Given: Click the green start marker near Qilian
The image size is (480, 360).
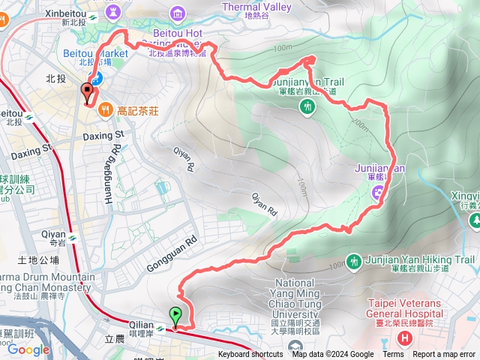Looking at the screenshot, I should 176,316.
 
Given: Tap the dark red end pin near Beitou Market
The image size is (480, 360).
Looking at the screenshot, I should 87,94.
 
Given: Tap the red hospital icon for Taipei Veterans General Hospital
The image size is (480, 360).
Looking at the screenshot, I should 406,337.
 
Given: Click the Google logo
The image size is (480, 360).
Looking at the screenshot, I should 28,349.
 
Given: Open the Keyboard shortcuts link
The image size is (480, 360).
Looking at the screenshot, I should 250,355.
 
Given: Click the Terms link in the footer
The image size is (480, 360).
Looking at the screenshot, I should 393,355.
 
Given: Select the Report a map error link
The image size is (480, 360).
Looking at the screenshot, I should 444,355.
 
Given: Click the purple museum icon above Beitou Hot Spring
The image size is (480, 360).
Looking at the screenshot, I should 178,12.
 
